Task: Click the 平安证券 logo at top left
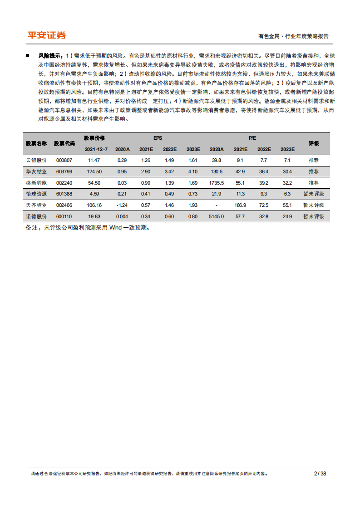click(47, 35)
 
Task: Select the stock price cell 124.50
click(94, 171)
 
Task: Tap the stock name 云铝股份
click(36, 160)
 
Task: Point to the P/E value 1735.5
click(216, 183)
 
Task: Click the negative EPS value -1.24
click(122, 205)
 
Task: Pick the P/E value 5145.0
click(216, 216)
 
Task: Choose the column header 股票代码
click(65, 143)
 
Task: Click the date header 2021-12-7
click(96, 149)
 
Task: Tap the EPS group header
click(158, 138)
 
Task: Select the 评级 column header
click(314, 143)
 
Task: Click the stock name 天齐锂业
click(36, 205)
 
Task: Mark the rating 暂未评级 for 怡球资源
click(314, 194)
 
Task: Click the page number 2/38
click(320, 474)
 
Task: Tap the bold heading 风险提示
click(50, 55)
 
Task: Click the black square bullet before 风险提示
click(28, 55)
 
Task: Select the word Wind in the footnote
click(116, 228)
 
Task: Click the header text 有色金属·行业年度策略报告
click(293, 36)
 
